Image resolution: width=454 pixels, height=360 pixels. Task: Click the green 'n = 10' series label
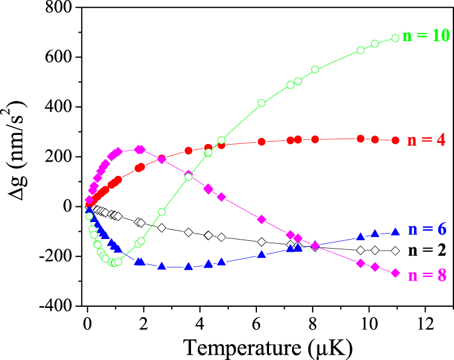(x=425, y=36)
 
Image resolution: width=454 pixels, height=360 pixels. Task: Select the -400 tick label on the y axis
(x=58, y=306)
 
